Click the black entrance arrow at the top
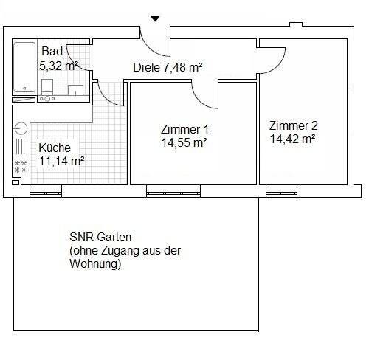155,18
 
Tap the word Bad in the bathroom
52,52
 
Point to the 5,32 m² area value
59,65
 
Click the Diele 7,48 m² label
168,67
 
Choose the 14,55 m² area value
183,143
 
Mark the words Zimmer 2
293,125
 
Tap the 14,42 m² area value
293,138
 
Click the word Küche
55,148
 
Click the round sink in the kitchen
20,127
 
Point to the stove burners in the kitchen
21,166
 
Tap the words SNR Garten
100,238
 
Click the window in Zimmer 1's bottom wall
163,193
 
